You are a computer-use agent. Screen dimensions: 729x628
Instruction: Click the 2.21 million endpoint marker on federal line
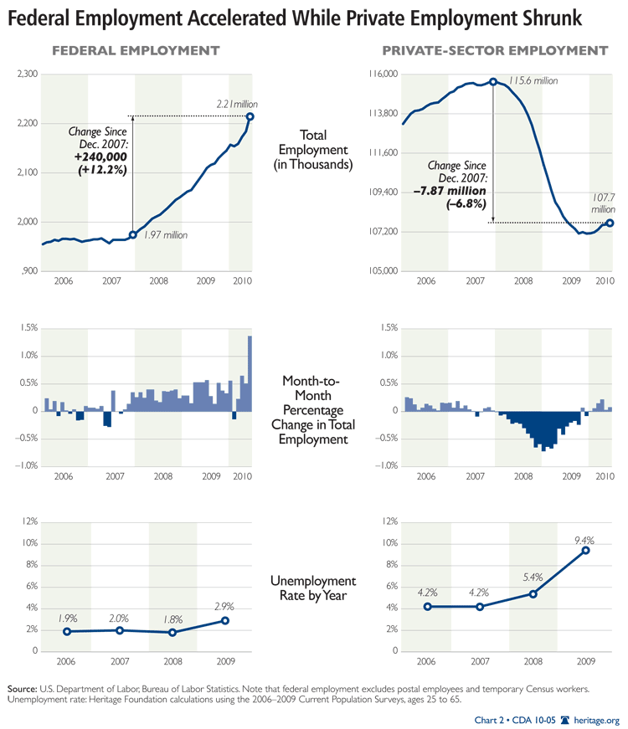click(x=250, y=116)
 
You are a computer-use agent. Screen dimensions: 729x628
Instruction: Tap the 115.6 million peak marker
click(x=493, y=82)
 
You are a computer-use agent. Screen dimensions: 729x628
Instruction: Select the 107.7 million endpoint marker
click(x=610, y=223)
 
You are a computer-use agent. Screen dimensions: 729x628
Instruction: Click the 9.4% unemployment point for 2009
click(x=585, y=550)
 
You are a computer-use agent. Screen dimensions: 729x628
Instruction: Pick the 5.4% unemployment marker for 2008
click(x=533, y=594)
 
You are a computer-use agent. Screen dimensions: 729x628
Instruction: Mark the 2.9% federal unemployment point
click(x=225, y=620)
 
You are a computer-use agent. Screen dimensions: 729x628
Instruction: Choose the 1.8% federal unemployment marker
click(x=172, y=632)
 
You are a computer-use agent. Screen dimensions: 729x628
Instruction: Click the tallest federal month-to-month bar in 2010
click(x=250, y=372)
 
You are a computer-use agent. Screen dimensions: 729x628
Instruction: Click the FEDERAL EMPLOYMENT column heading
click(x=136, y=51)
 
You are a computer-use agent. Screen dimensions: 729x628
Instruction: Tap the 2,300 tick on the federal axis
click(x=28, y=75)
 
